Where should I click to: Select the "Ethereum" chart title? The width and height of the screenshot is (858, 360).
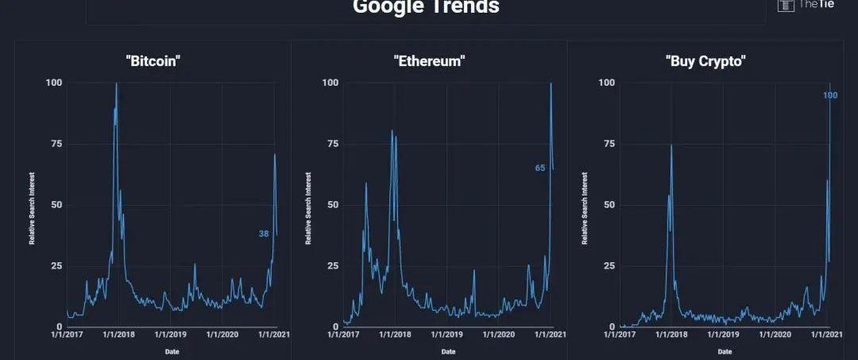click(x=428, y=62)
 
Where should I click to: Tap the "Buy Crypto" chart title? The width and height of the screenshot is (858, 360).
click(x=705, y=62)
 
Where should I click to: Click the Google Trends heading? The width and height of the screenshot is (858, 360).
click(x=426, y=7)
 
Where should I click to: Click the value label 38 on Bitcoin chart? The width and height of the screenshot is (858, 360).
click(x=264, y=234)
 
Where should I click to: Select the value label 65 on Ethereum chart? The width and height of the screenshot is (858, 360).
click(x=540, y=168)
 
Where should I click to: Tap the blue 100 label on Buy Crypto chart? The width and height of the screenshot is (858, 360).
click(x=830, y=96)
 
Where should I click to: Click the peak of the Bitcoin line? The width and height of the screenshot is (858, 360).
click(x=117, y=83)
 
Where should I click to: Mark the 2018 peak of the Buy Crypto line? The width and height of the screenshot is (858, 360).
click(x=671, y=145)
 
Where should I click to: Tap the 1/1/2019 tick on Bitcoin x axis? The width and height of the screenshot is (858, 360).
click(x=170, y=335)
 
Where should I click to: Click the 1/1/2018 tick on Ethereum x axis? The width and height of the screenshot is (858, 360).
click(x=395, y=335)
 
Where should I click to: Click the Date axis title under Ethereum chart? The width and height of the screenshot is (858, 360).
click(x=448, y=350)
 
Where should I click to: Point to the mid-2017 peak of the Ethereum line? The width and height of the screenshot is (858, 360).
click(x=366, y=184)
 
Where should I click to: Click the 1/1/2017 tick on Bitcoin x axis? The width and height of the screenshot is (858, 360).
click(x=66, y=335)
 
